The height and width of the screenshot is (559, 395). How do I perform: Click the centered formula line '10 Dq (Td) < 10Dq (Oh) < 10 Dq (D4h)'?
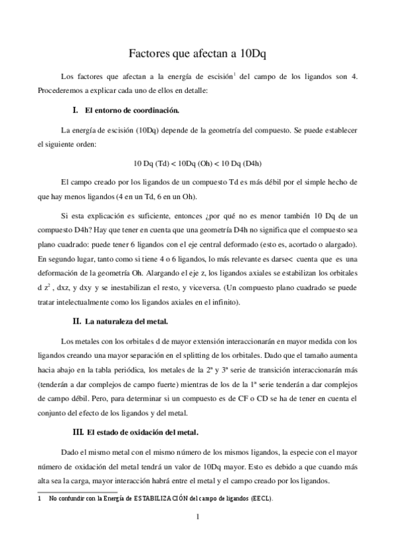198,163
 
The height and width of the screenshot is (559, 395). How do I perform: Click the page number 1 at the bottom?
197,517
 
